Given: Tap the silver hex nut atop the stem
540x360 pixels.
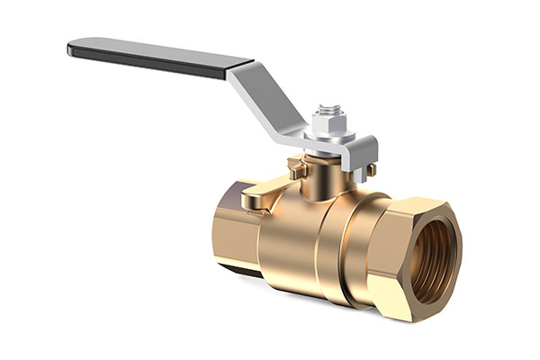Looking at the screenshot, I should click(327, 123).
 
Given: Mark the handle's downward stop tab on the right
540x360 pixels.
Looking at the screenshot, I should click(369, 158).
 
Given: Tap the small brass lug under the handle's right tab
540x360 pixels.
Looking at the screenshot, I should click(370, 170).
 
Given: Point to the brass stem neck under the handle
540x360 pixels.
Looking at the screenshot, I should click(319, 176).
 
